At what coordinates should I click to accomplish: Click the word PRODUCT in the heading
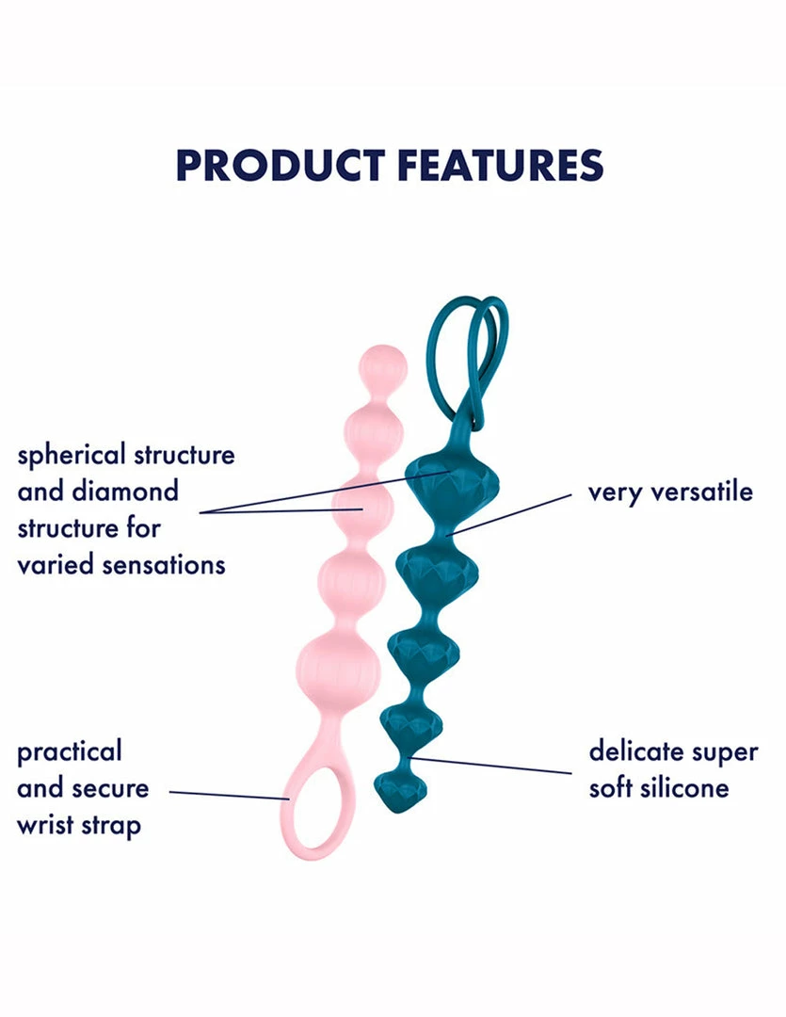(281, 166)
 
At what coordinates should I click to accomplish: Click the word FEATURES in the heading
(501, 166)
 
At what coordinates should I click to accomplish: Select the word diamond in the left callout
(134, 491)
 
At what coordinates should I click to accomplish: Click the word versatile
(701, 492)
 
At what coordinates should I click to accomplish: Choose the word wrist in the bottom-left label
(44, 825)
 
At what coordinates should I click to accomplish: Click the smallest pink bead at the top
(382, 364)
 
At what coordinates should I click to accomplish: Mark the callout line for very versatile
(509, 514)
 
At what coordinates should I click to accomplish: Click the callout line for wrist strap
(230, 795)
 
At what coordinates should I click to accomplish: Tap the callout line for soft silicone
(490, 766)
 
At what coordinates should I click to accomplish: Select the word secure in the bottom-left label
(110, 789)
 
